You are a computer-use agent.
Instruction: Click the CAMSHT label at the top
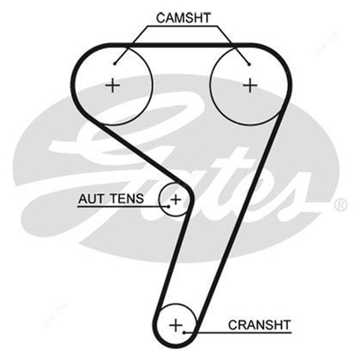tap(184, 18)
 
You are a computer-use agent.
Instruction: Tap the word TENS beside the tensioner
tap(127, 199)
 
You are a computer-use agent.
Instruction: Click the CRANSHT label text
tap(259, 325)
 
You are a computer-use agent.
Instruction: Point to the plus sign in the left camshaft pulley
tap(113, 85)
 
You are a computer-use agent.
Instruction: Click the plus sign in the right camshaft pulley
tap(250, 85)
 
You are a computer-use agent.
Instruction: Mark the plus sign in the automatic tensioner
tap(176, 199)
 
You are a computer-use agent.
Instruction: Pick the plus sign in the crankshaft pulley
tap(176, 325)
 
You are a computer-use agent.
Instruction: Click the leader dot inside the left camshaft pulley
tap(115, 63)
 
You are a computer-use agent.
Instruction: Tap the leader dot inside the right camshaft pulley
tap(249, 64)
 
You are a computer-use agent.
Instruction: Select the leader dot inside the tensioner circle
tap(168, 206)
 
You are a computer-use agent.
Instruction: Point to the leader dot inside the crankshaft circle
tap(184, 332)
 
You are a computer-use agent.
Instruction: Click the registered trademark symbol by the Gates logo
tap(340, 205)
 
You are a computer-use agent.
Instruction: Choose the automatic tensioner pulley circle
tap(158, 199)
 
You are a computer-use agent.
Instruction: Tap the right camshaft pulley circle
tap(211, 85)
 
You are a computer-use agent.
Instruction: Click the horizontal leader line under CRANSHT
tap(238, 332)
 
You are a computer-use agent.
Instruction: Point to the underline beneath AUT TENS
tap(122, 207)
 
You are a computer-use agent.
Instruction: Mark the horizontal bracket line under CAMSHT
tap(183, 26)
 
